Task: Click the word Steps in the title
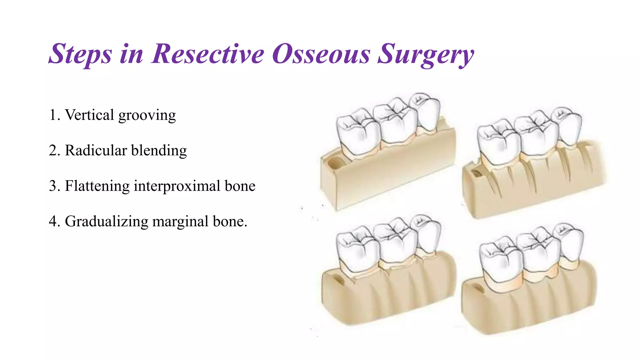pos(80,54)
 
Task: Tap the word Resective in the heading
pos(208,54)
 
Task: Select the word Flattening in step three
pos(97,186)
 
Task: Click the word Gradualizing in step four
pos(106,222)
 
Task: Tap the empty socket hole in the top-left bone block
pos(335,162)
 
